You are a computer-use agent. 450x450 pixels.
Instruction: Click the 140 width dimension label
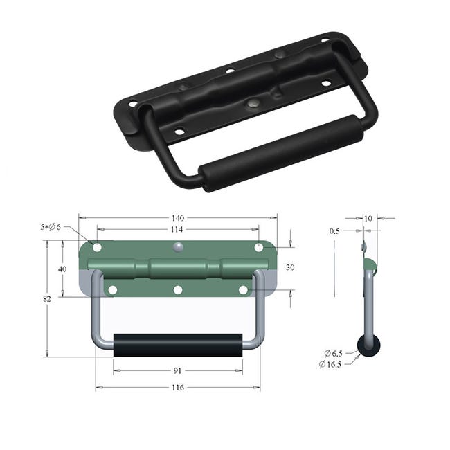177,217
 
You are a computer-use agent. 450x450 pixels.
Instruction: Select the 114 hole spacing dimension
177,229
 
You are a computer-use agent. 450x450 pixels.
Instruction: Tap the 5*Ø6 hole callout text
51,227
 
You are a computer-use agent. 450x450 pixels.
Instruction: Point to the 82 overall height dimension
47,298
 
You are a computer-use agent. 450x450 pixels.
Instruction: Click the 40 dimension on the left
62,269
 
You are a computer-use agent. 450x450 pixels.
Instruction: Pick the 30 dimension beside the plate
290,267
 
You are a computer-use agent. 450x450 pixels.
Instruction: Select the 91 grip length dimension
177,370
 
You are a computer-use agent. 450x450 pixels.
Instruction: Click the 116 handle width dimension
177,387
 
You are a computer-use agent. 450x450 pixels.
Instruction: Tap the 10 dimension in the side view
368,218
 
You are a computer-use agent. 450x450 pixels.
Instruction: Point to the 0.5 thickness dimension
335,231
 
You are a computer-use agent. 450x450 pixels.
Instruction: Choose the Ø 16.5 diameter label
330,364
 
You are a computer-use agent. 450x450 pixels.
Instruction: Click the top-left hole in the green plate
97,247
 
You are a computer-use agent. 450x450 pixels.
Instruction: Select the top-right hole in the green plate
258,247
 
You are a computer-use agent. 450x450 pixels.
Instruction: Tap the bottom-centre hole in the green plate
177,289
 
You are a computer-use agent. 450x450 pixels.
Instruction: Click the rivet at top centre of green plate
178,246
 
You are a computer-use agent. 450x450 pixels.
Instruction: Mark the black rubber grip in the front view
177,345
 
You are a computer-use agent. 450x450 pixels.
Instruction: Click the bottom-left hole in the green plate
112,289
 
